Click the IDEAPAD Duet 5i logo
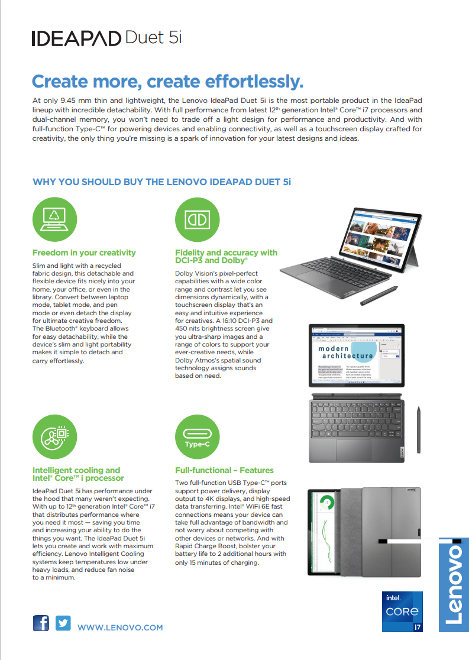point(106,38)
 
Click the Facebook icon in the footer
point(41,623)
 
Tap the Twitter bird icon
point(63,623)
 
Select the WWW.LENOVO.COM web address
point(120,627)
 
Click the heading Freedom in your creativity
point(84,253)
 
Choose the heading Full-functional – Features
point(224,470)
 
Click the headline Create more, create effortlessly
point(167,81)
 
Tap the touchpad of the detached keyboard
point(353,449)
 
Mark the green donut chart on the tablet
point(325,504)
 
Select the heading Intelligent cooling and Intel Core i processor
point(78,474)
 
